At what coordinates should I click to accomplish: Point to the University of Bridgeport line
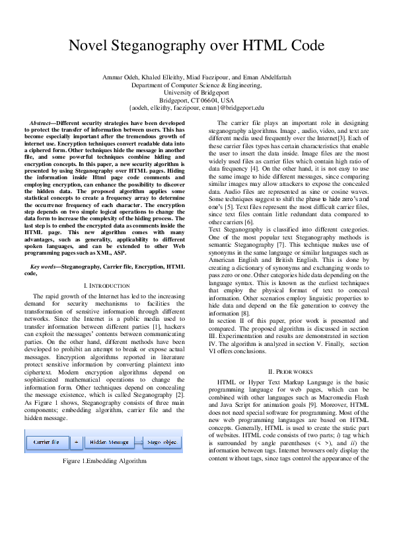(x=196, y=93)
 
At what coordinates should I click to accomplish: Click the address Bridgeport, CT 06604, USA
(x=196, y=100)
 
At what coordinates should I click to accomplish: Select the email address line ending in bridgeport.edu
(x=196, y=107)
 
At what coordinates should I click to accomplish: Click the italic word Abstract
(x=42, y=123)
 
